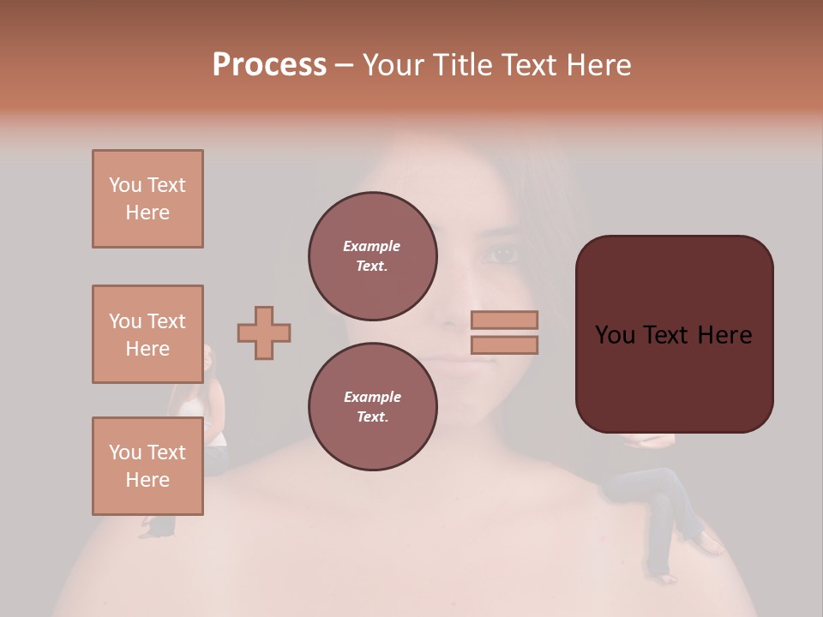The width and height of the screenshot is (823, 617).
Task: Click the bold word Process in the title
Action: tap(269, 65)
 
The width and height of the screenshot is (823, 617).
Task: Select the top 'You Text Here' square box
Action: tap(147, 199)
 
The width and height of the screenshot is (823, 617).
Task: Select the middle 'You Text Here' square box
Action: tap(147, 334)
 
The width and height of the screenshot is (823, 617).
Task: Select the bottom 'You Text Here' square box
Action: tap(147, 465)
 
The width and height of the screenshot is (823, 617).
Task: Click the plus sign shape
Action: tap(264, 332)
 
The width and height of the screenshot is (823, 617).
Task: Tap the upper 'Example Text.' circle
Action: tap(372, 255)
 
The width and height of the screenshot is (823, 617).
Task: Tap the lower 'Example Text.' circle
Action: tap(372, 406)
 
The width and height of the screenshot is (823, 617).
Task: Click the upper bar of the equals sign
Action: tap(504, 320)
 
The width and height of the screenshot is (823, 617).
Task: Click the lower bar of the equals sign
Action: tap(504, 344)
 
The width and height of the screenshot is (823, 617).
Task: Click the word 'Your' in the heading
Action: tap(391, 65)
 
